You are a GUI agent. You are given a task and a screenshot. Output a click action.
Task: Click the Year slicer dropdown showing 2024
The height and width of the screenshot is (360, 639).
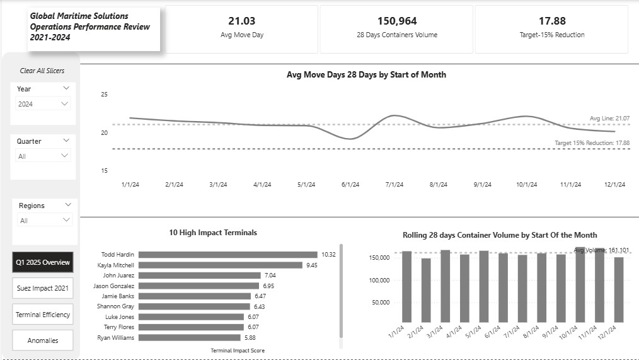click(x=43, y=103)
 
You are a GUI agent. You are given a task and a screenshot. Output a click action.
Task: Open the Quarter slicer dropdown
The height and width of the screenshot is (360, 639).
click(x=43, y=156)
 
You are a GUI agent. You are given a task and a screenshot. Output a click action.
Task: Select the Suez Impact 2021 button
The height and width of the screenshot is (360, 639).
click(x=42, y=288)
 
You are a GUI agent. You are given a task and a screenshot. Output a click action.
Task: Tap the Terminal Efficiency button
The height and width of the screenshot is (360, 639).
click(x=42, y=315)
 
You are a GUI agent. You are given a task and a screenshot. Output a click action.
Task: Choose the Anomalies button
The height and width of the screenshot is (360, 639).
click(x=42, y=340)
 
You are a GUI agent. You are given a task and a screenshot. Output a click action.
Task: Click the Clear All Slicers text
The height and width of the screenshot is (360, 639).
click(x=42, y=71)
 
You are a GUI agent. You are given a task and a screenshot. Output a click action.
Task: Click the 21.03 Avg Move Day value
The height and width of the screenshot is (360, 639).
click(x=242, y=21)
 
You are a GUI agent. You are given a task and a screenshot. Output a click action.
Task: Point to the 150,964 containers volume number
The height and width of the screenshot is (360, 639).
click(x=396, y=21)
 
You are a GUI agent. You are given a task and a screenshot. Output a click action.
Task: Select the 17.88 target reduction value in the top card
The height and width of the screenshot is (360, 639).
click(x=551, y=21)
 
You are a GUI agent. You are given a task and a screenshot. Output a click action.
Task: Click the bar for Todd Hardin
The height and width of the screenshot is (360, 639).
click(x=209, y=255)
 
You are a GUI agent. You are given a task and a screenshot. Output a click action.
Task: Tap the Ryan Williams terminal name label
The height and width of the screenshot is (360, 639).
click(x=117, y=338)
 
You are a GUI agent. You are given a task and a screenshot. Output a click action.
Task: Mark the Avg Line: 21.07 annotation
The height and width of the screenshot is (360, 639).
click(x=609, y=119)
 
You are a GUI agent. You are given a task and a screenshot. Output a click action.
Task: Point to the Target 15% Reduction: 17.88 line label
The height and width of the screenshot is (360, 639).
click(x=591, y=143)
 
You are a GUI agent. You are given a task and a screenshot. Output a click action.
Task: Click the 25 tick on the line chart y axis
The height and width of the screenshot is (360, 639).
click(x=105, y=95)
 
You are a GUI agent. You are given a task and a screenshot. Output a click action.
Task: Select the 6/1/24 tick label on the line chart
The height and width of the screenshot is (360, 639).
click(x=350, y=185)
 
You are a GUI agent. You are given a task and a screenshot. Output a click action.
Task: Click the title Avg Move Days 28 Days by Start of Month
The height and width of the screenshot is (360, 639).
click(x=366, y=74)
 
